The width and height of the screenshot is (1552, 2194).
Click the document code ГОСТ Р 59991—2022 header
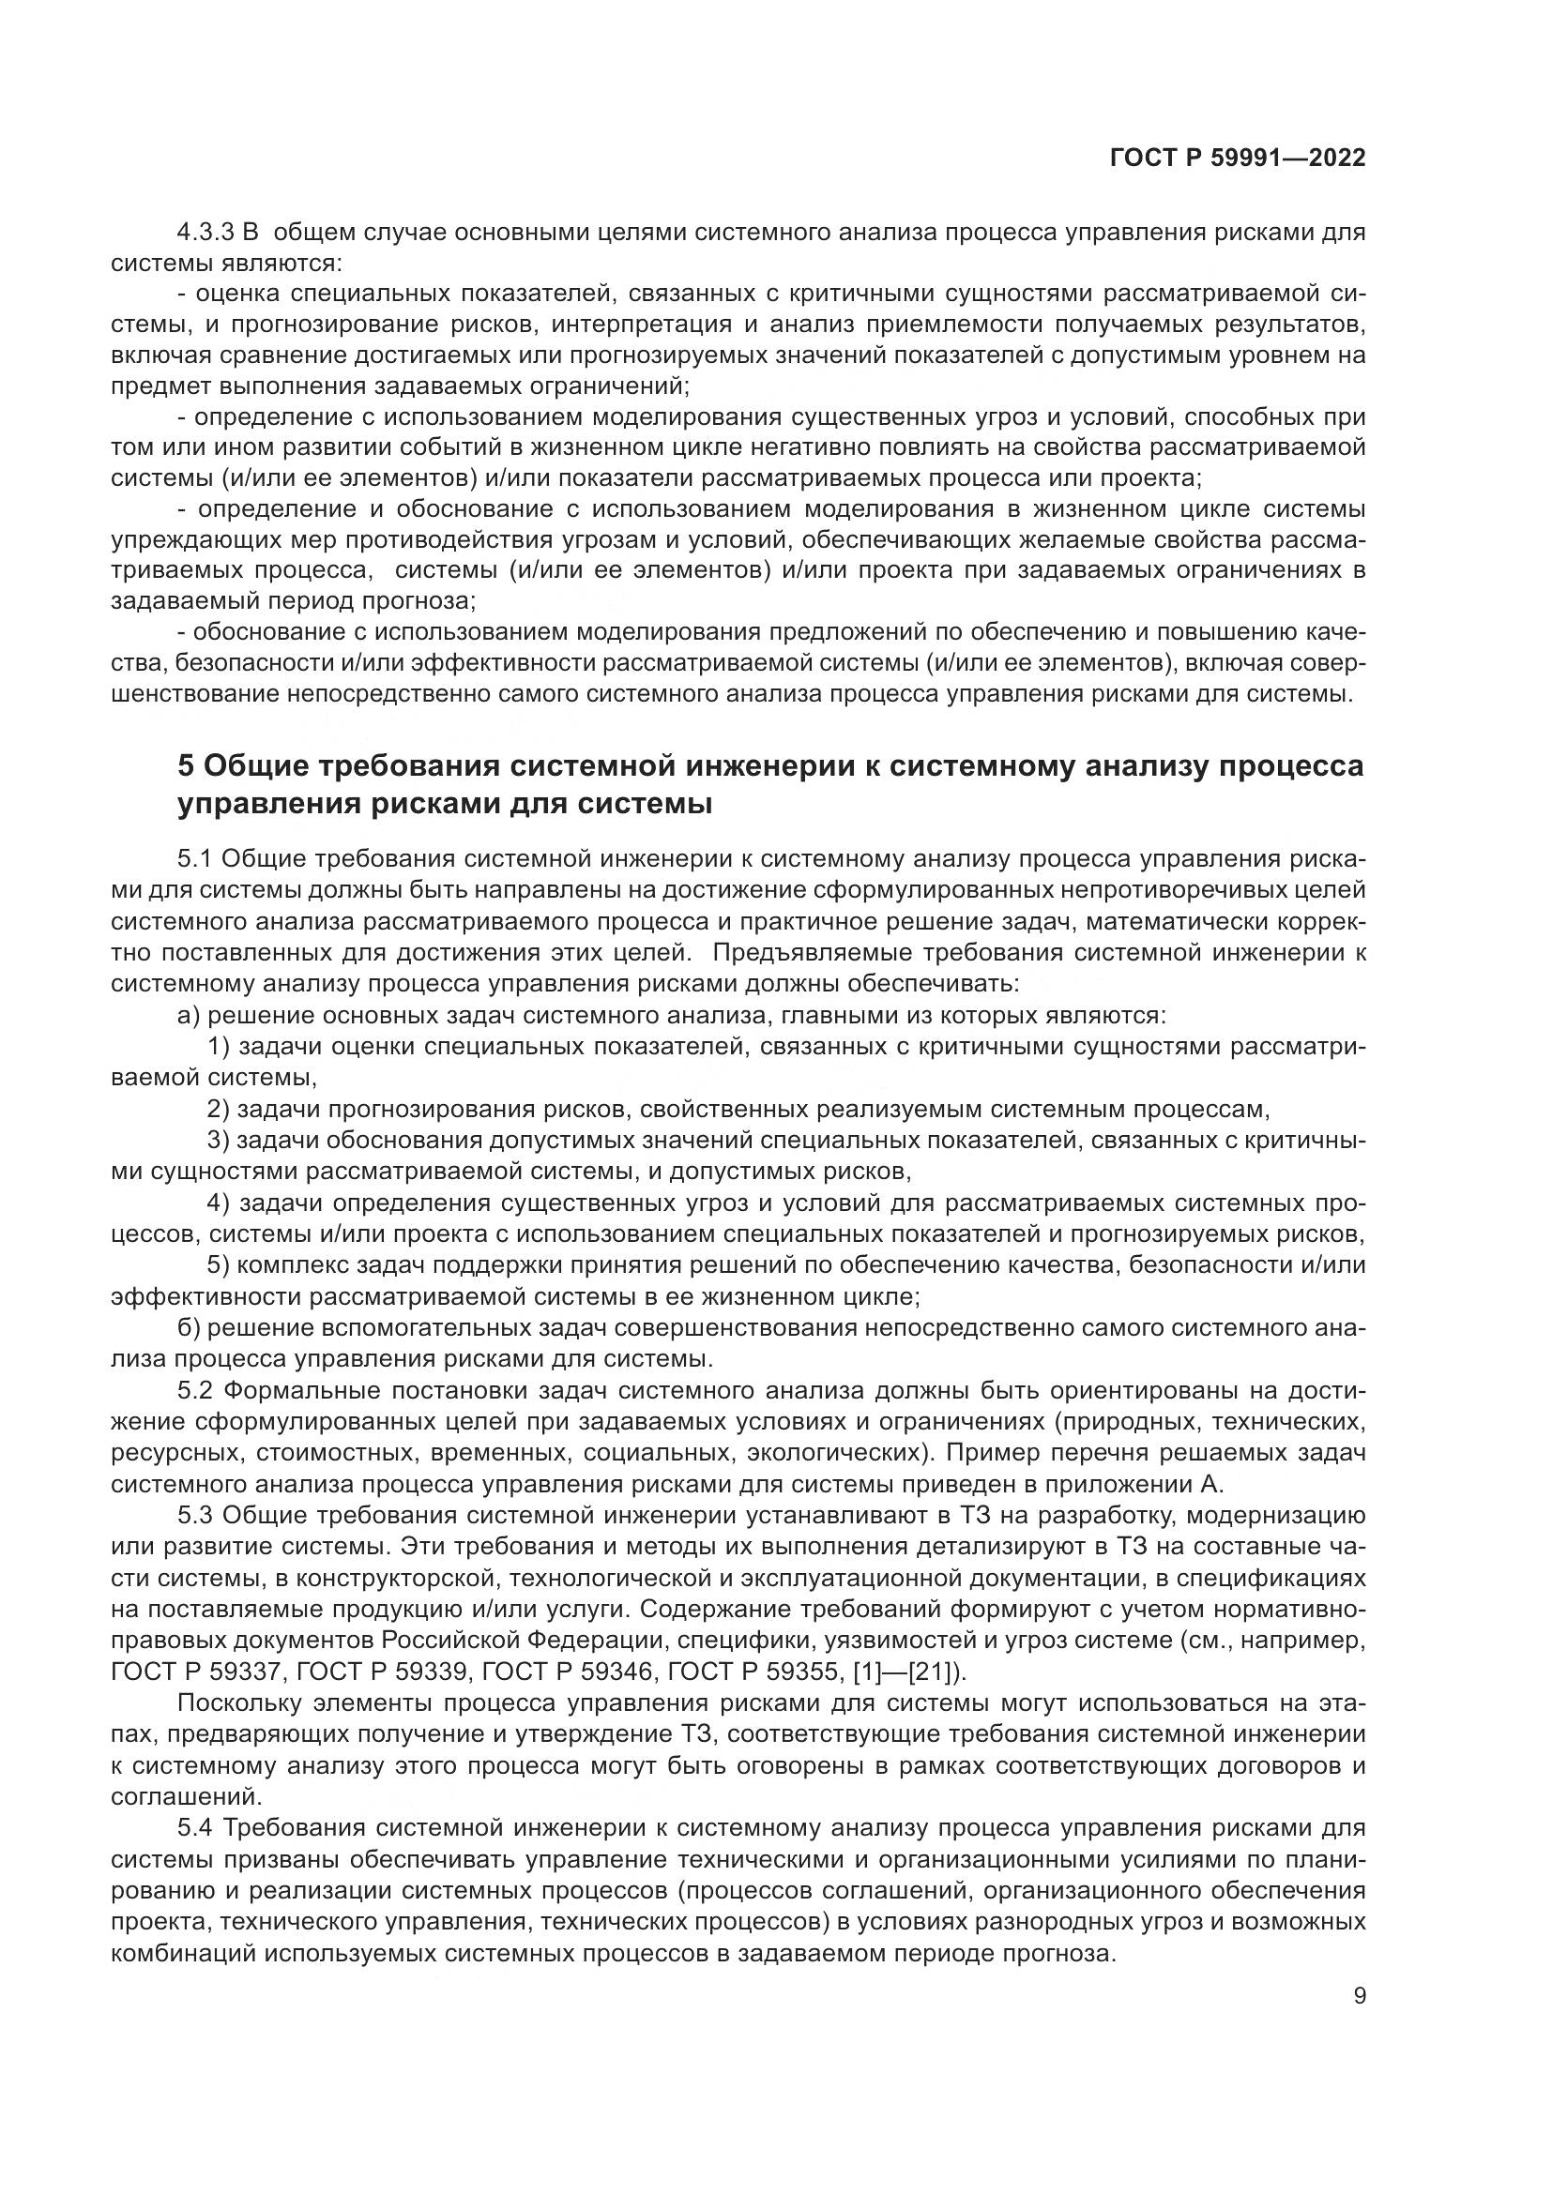point(1237,159)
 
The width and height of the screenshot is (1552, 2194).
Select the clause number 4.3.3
point(206,232)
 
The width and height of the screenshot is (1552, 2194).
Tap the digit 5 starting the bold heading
point(187,766)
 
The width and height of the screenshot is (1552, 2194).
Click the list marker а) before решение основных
point(189,1015)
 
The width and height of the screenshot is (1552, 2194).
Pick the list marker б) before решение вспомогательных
point(189,1328)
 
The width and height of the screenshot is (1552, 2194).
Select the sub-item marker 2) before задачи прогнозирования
point(218,1110)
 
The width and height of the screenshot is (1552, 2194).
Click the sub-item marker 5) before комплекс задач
point(218,1265)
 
